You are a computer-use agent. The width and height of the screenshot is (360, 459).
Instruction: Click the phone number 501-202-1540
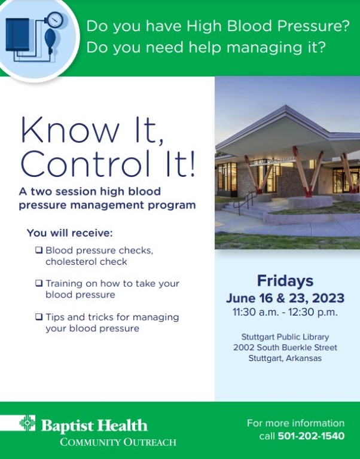click(x=311, y=436)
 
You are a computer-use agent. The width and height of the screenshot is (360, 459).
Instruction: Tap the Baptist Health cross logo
click(x=28, y=423)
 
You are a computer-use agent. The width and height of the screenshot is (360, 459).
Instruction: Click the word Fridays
click(x=285, y=281)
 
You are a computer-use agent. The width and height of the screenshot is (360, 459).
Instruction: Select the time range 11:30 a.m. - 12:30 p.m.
click(x=285, y=312)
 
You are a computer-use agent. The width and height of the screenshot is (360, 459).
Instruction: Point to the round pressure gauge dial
click(x=55, y=20)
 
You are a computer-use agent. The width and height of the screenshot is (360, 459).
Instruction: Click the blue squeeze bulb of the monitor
click(x=50, y=39)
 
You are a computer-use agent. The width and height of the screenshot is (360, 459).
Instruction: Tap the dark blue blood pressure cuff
click(x=17, y=35)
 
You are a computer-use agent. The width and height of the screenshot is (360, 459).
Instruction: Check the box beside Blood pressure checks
click(x=39, y=250)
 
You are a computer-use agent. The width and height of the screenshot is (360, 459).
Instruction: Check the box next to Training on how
click(x=39, y=283)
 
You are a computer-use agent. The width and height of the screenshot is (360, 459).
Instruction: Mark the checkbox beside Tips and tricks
click(x=39, y=317)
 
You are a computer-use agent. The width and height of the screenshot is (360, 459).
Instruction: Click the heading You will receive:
click(x=70, y=233)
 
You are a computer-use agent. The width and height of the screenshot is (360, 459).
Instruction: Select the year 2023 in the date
click(x=328, y=298)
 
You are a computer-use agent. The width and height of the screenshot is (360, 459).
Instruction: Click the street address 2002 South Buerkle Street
click(x=285, y=347)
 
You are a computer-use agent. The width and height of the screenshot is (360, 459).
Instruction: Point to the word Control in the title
click(x=85, y=164)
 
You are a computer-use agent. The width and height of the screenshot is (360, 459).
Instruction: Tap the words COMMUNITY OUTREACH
click(x=118, y=442)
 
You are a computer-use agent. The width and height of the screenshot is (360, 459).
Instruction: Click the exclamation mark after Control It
click(x=192, y=164)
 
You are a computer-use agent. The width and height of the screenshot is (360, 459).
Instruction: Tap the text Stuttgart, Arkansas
click(x=285, y=359)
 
